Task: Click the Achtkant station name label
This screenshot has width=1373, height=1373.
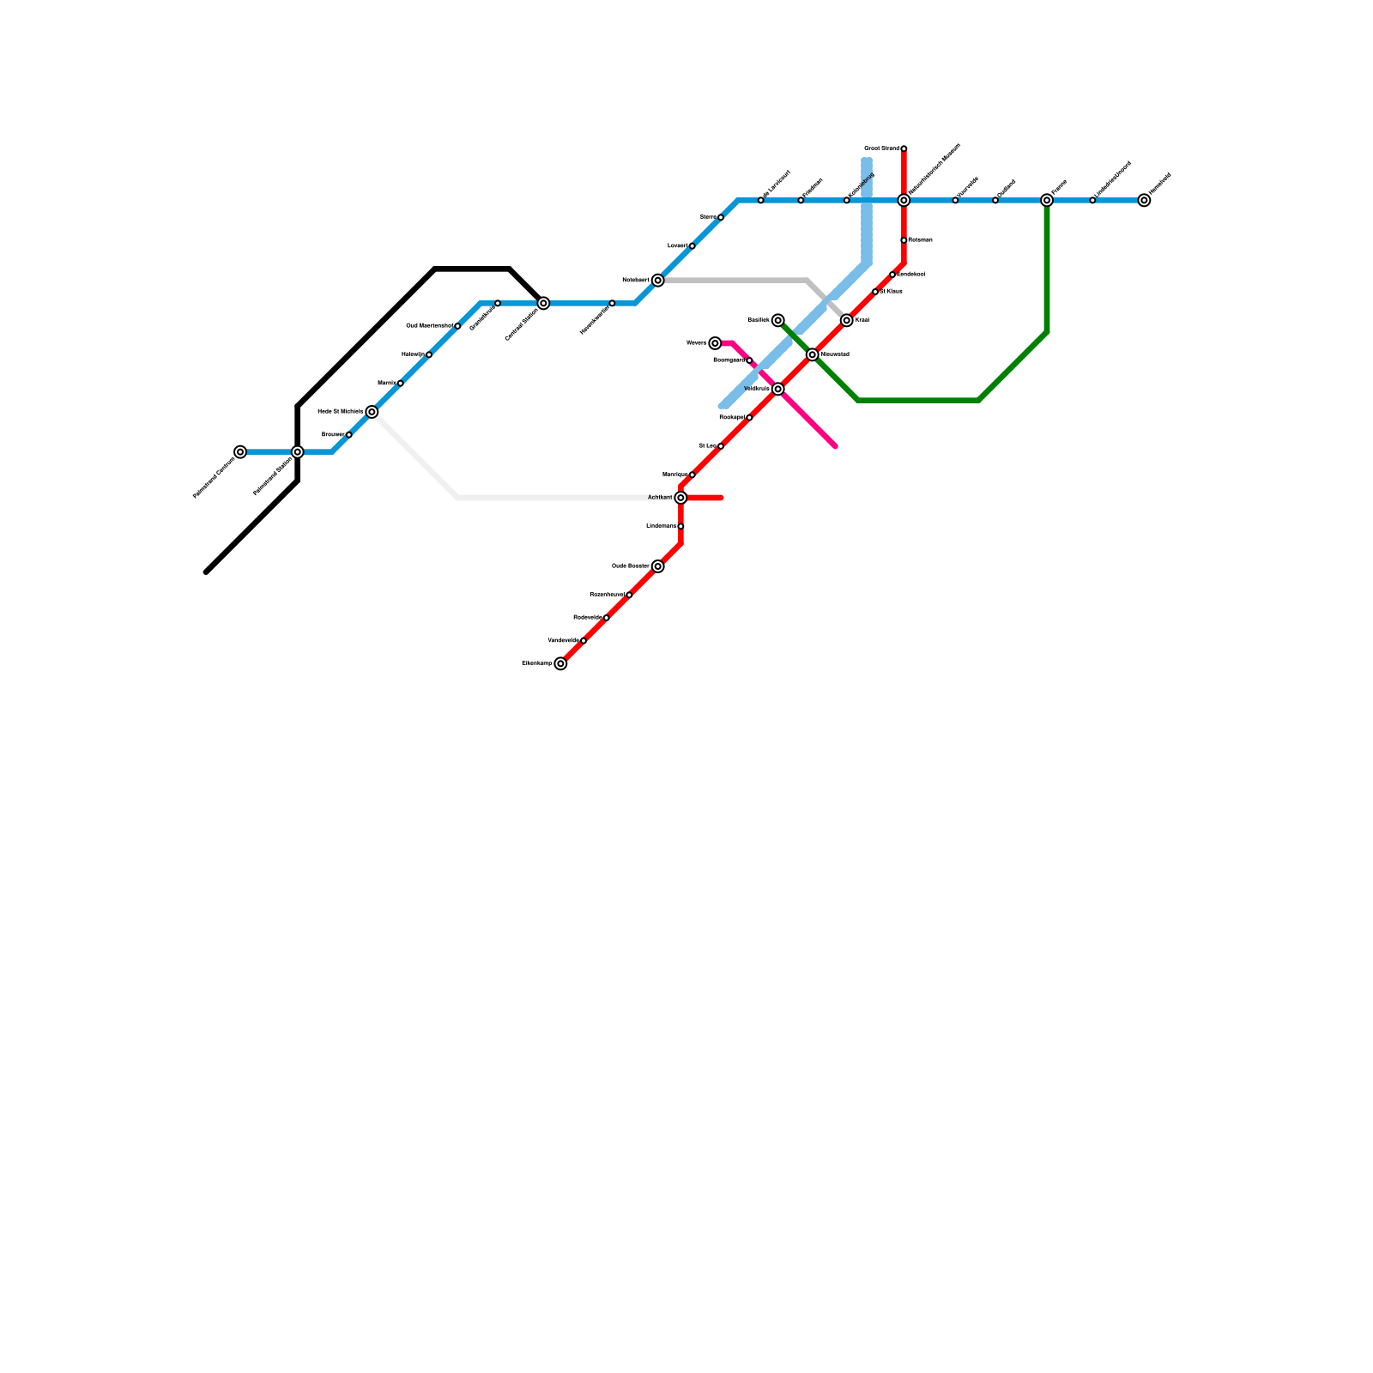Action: (x=660, y=498)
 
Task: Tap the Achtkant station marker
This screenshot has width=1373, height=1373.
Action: (x=680, y=498)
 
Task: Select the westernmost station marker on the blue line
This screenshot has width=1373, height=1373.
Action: (x=240, y=452)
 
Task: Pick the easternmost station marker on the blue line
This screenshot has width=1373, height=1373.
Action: (x=1144, y=201)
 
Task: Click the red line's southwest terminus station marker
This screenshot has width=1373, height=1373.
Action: (x=560, y=663)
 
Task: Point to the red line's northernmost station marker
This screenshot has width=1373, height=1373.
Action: (x=904, y=148)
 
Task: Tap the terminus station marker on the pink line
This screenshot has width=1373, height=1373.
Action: (x=715, y=343)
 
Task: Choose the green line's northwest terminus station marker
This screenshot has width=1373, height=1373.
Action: (x=777, y=320)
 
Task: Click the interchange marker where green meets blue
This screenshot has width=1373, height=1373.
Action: (x=1047, y=201)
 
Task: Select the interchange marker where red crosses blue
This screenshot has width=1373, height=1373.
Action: (x=904, y=201)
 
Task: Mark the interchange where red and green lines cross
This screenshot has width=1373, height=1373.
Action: (x=812, y=354)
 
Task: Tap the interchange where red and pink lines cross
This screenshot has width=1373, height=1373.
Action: (x=777, y=389)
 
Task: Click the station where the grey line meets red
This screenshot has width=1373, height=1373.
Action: (x=846, y=320)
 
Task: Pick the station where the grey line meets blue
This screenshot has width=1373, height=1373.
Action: (x=657, y=281)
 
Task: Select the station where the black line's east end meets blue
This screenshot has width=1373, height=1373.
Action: (x=543, y=303)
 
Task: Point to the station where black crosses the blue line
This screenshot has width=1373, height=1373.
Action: (x=297, y=452)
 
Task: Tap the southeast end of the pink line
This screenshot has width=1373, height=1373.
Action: (x=834, y=446)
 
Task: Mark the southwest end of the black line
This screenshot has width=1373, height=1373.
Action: (x=207, y=572)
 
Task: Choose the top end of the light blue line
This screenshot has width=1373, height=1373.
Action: (x=867, y=160)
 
